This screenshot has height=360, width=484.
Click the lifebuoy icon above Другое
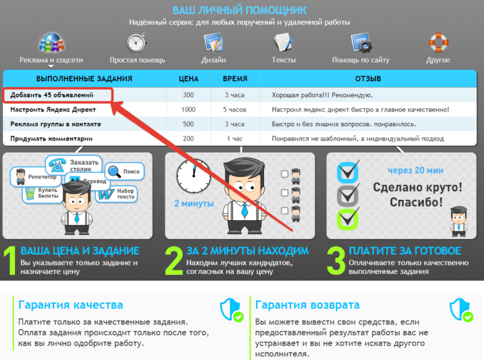click(439, 43)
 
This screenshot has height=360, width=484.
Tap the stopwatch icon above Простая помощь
click(136, 42)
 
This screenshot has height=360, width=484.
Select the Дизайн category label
click(214, 60)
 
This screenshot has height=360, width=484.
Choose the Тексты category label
click(284, 60)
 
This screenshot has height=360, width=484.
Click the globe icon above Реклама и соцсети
click(51, 42)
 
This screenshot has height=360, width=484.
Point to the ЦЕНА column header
click(188, 79)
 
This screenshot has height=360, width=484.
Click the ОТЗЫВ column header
click(368, 79)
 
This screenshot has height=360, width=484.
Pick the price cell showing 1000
click(188, 110)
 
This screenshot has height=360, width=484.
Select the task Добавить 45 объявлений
click(52, 95)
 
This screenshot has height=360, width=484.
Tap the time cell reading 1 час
click(235, 139)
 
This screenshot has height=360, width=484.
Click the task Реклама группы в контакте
click(56, 124)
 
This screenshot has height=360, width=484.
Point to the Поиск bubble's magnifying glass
click(114, 171)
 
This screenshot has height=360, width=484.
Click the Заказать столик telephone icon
click(57, 165)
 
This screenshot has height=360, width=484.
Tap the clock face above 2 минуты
click(193, 176)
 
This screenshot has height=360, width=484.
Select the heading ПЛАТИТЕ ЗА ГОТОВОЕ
click(405, 251)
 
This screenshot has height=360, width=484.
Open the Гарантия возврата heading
click(308, 305)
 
